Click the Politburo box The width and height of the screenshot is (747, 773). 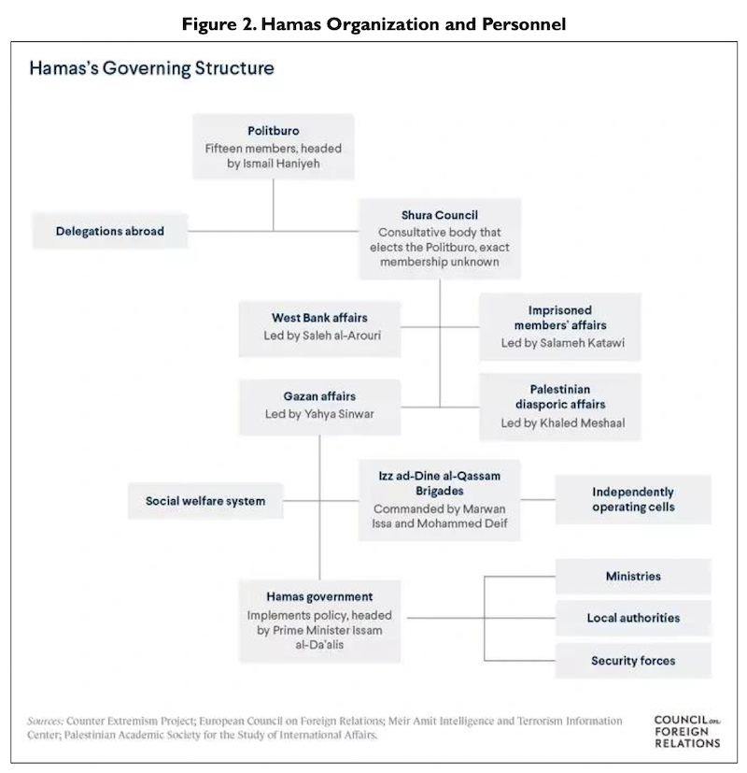274,147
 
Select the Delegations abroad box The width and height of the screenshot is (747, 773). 110,231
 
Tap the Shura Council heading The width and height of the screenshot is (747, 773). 439,215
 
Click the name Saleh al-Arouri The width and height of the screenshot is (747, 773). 341,336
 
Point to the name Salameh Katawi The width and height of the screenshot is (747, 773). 582,343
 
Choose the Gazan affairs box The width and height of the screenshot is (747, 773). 320,408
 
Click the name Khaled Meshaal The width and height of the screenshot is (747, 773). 582,423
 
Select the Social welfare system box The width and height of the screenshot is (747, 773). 205,501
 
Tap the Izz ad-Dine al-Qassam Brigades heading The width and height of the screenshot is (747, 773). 439,483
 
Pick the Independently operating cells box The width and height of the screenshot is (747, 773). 633,499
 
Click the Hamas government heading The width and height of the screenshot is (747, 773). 319,596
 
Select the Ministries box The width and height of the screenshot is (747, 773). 633,577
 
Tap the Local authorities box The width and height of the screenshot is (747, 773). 633,618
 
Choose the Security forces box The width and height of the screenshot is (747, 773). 633,661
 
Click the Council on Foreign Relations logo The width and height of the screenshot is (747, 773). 687,732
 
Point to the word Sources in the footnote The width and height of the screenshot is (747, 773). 46,721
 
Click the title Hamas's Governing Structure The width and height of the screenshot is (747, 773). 151,68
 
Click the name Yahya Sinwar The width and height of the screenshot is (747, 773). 339,414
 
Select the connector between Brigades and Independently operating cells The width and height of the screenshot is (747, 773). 538,500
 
